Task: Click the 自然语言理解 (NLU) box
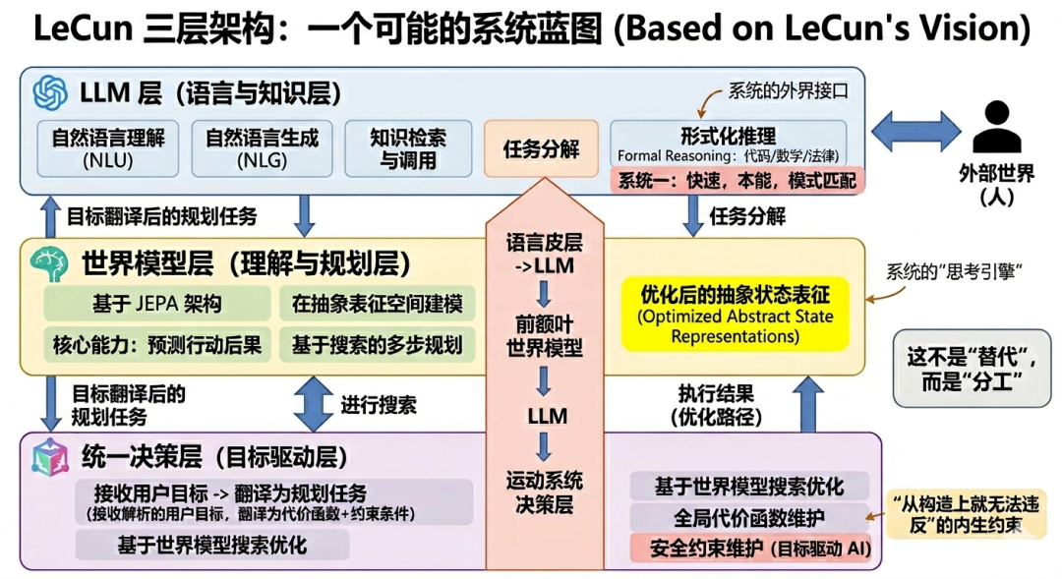tap(108, 149)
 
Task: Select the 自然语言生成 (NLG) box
tap(263, 149)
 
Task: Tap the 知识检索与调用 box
tap(408, 149)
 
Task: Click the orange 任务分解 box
tap(541, 148)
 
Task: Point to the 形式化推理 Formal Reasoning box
tap(728, 145)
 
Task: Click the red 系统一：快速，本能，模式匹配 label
tap(737, 181)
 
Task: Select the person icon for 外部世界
tap(996, 127)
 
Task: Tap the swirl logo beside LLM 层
tap(50, 92)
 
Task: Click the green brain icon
tap(49, 263)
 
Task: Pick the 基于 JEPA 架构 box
tap(157, 304)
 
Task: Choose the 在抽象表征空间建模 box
tap(378, 304)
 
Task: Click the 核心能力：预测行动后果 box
tap(157, 345)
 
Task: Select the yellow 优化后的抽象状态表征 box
tap(735, 315)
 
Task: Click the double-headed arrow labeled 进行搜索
tap(313, 404)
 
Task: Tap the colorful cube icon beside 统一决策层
tap(51, 457)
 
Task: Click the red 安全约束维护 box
tap(750, 548)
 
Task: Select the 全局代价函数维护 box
tap(749, 518)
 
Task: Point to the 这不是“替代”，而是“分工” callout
tap(972, 369)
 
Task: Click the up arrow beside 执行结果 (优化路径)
tap(808, 404)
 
